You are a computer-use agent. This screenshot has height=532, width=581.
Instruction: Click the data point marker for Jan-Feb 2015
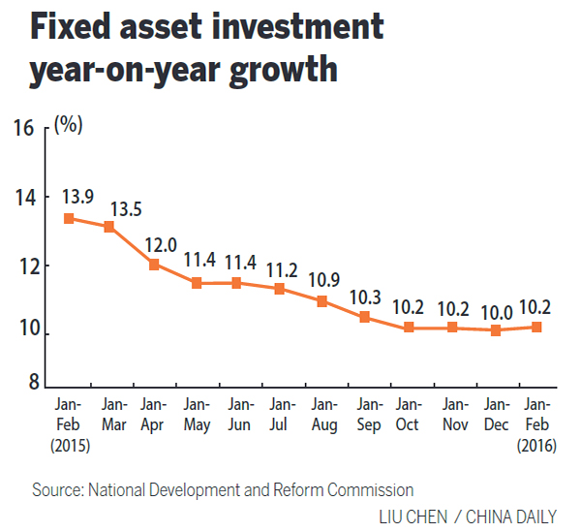tap(69, 218)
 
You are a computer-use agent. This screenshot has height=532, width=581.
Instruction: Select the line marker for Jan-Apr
tap(153, 265)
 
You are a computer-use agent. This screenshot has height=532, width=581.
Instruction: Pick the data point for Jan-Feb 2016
tap(535, 327)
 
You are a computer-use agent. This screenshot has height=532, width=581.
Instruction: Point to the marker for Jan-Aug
tap(322, 301)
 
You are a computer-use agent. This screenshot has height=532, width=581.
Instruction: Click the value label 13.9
tap(78, 197)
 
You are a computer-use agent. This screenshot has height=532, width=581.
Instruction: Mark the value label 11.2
tap(281, 268)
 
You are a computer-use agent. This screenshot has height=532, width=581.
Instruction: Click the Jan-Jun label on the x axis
tap(238, 414)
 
